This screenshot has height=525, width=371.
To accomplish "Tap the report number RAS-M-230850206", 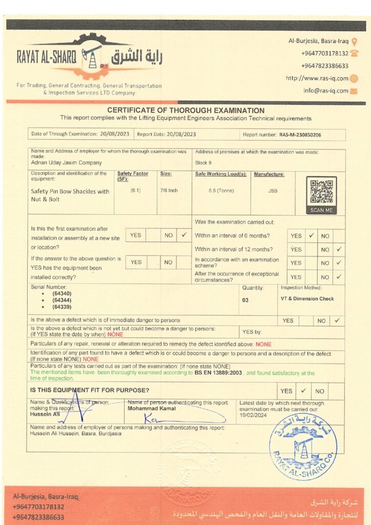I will coord(301,135).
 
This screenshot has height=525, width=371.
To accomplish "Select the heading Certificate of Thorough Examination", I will coord(186,110).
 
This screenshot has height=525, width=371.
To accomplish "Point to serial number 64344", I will coord(61,300).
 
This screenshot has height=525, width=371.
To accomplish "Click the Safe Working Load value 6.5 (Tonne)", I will coord(221,191).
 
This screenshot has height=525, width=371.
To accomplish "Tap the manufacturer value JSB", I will coord(273,191).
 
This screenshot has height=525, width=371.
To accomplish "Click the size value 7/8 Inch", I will coord(169,191).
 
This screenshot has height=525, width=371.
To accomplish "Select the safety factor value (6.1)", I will coord(136,191).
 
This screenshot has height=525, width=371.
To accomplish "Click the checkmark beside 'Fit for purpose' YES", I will coord(303,391).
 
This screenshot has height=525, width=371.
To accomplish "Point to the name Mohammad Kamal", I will coord(152,409).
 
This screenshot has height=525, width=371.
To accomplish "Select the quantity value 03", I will coord(245,300).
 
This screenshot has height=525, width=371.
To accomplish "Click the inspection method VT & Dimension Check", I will coord(307,298).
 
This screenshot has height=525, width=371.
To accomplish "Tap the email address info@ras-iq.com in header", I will coord(325,91).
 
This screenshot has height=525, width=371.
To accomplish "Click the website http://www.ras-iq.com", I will coord(317,78).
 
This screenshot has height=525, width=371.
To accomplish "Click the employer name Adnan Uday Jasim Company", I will coord(67,163).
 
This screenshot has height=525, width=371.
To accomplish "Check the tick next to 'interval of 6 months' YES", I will coord(311,236).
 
